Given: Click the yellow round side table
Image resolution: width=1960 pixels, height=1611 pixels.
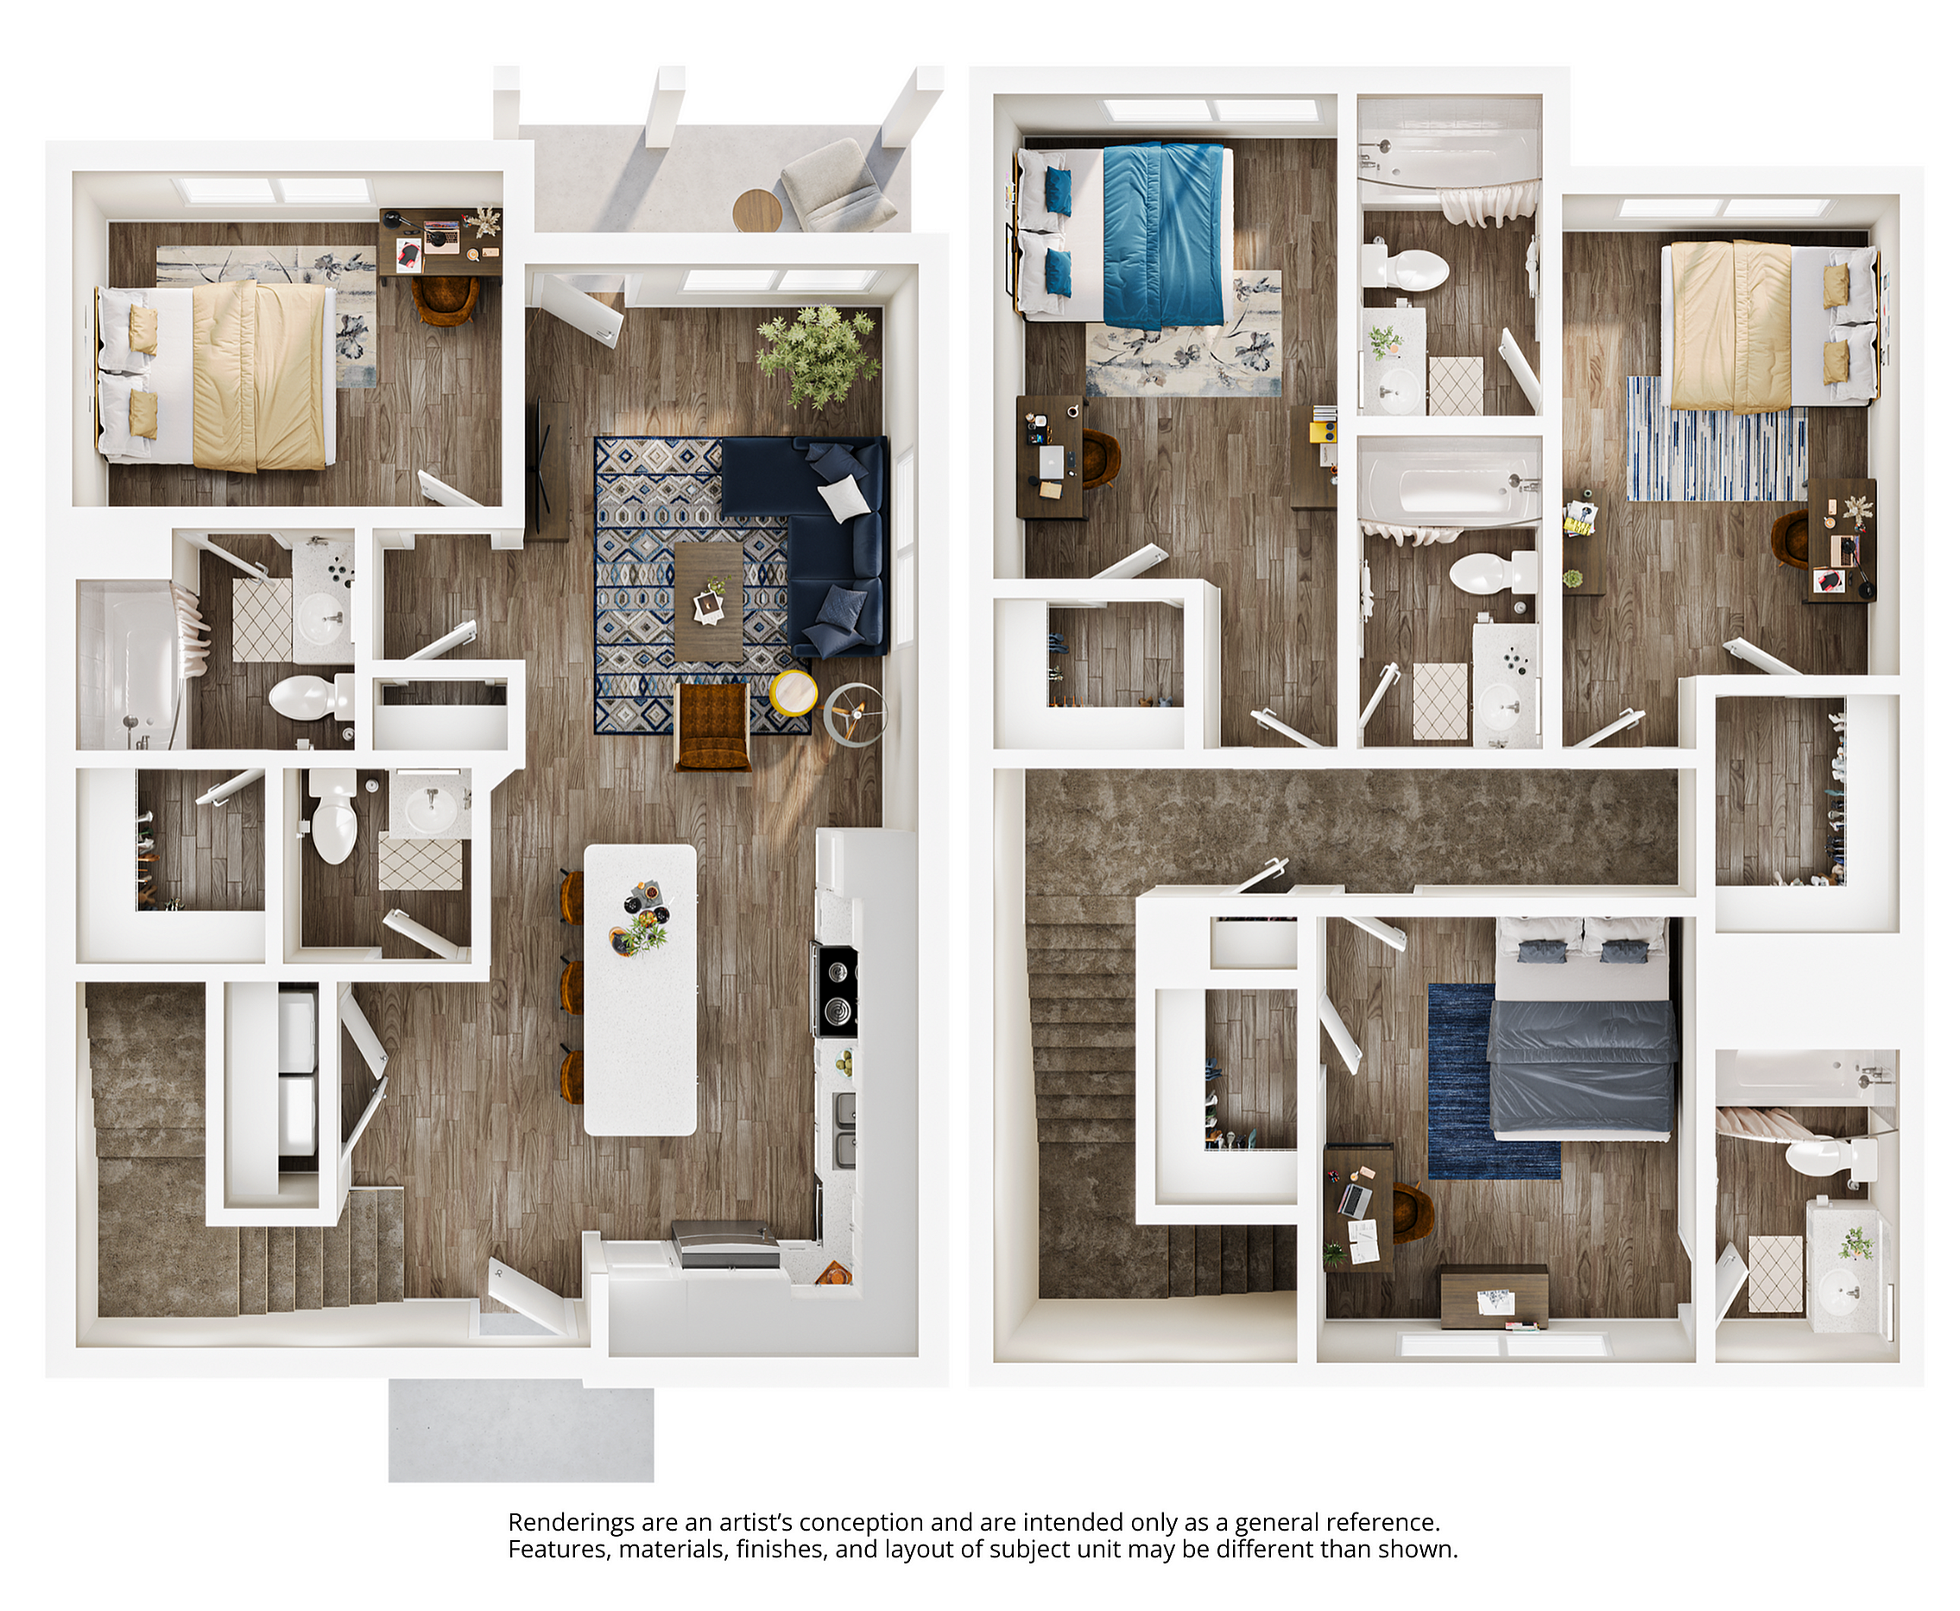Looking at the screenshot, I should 794,692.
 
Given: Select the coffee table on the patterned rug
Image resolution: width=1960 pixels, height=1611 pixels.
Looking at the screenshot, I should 709,601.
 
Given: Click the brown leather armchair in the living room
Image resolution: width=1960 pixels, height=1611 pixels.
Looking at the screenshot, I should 712,726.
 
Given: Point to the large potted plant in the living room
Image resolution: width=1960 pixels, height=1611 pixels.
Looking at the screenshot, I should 816,354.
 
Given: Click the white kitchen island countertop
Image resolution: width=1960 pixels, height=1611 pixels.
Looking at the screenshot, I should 640,988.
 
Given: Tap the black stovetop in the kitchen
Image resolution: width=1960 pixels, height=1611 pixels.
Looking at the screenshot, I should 837,990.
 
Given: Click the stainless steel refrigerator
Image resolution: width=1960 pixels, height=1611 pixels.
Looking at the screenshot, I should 726,1245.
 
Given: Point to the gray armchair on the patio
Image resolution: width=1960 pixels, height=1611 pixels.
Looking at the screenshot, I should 836,186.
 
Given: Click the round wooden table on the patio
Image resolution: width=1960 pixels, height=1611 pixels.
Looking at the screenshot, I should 757,211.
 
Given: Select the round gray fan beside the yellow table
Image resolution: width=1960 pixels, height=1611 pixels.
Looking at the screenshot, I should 854,714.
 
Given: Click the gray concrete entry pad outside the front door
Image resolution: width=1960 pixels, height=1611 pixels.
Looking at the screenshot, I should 521,1429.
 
